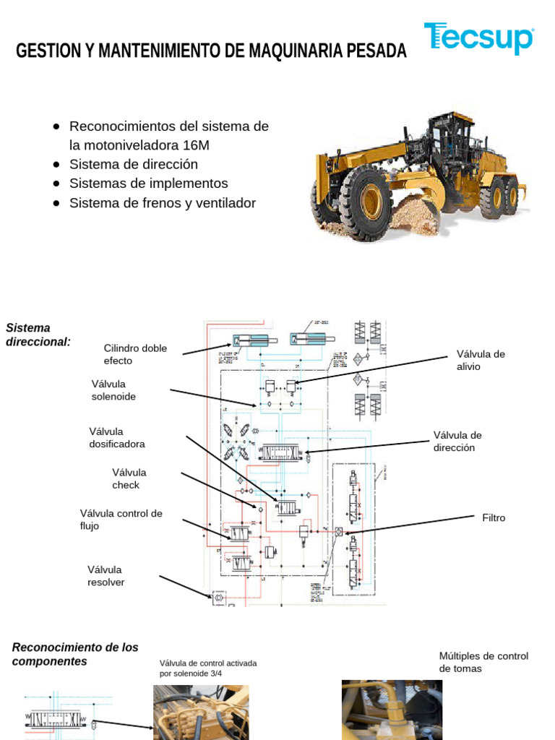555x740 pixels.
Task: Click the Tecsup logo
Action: pyautogui.click(x=478, y=38)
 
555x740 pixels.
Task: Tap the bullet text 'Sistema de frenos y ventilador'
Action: pyautogui.click(x=163, y=203)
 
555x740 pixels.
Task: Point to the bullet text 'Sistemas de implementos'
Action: pyautogui.click(x=148, y=184)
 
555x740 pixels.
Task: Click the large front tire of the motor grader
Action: pyautogui.click(x=366, y=202)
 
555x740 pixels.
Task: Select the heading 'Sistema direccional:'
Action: pyautogui.click(x=38, y=335)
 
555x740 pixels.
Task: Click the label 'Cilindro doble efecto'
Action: pyautogui.click(x=135, y=354)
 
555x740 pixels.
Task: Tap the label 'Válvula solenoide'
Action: pyautogui.click(x=113, y=390)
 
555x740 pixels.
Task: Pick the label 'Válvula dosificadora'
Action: pyautogui.click(x=117, y=438)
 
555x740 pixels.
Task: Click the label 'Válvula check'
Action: pyautogui.click(x=129, y=478)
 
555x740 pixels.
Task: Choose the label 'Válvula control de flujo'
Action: pyautogui.click(x=121, y=520)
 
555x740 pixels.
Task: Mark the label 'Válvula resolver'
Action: pyautogui.click(x=106, y=576)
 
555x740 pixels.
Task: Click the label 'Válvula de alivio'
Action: pyautogui.click(x=481, y=360)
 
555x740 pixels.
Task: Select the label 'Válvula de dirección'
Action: pyautogui.click(x=457, y=441)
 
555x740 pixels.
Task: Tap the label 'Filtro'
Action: pyautogui.click(x=494, y=518)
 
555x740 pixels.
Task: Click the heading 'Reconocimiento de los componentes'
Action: pyautogui.click(x=75, y=654)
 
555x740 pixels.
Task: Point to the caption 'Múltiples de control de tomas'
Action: pyautogui.click(x=483, y=662)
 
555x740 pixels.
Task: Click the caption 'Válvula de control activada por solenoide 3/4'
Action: pyautogui.click(x=208, y=668)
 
